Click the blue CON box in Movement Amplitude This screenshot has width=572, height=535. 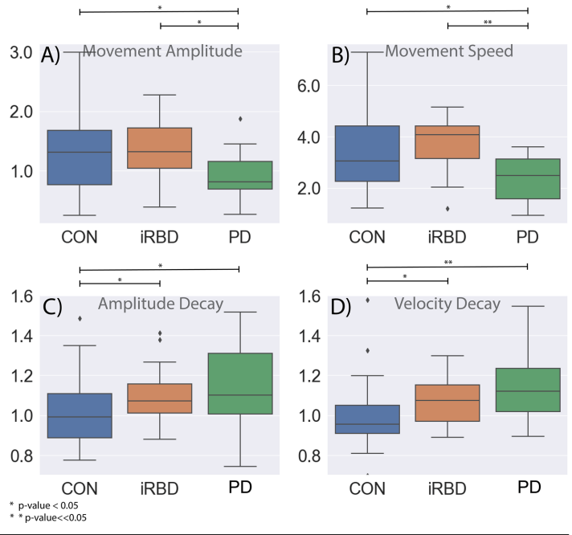point(79,157)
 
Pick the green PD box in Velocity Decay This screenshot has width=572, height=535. point(526,390)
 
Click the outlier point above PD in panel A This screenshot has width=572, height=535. point(239,119)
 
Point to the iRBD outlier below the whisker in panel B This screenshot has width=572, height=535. point(447,209)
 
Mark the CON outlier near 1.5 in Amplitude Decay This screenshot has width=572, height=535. point(80,318)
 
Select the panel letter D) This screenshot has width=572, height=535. point(341,306)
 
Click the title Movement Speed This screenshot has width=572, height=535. point(449,52)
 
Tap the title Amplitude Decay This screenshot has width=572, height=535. point(160,304)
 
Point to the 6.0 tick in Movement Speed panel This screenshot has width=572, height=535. point(309,85)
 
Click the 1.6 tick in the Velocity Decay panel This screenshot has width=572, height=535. point(309,296)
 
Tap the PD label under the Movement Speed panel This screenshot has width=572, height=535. point(526,237)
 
